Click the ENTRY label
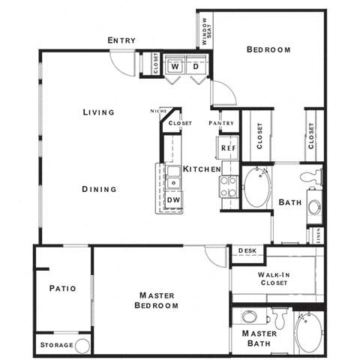coord(121,40)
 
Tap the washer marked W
coord(175,66)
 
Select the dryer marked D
coord(195,66)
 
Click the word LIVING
coord(98,112)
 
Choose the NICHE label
coord(157,110)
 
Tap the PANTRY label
coord(221,122)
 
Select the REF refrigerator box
coord(228,148)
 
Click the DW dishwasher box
coord(173,199)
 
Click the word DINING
coord(99,189)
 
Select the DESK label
coord(247,250)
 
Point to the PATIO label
coord(62,288)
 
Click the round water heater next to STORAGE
coord(82,345)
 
